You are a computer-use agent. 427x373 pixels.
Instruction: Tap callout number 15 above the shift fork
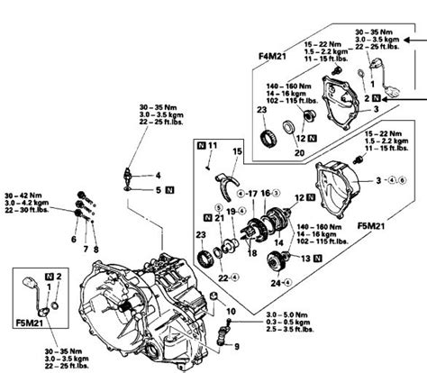click(237, 152)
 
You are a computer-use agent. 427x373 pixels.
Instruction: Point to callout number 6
click(74, 241)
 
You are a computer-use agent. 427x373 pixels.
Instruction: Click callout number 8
click(96, 241)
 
